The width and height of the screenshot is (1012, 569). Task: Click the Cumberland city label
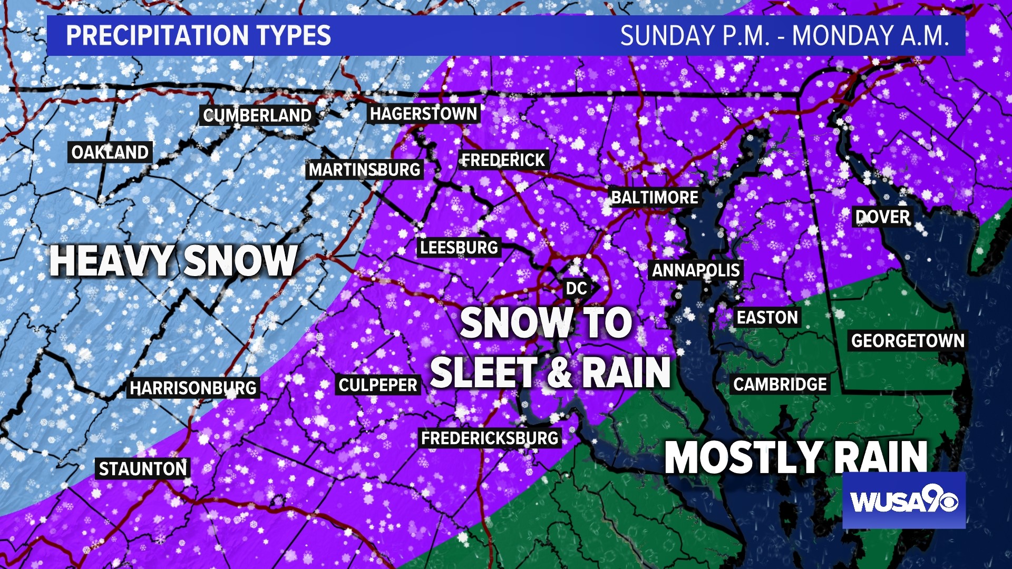257,115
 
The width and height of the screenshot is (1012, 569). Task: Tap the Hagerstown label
423,113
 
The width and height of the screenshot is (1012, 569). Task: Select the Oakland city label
110,152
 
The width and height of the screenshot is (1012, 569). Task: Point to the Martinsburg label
364,170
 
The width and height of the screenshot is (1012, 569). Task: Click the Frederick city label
503,160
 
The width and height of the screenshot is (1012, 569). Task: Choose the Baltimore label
655,198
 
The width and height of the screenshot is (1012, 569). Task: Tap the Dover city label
882,217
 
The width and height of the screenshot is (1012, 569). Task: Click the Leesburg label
459,247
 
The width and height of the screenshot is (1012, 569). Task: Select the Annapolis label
696,270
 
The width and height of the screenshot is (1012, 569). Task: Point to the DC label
576,288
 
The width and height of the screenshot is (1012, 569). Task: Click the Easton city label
767,317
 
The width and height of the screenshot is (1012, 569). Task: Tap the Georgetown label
908,341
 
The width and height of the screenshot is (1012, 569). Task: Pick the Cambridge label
780,384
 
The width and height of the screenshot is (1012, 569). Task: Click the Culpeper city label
378,385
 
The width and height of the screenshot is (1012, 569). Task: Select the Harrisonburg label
193,388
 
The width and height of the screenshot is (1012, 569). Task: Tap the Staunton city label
143,468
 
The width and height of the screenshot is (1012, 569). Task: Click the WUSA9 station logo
904,501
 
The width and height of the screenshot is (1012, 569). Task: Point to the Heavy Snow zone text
173,261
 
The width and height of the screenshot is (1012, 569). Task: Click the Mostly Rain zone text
796,457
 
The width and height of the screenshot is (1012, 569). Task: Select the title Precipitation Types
198,35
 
